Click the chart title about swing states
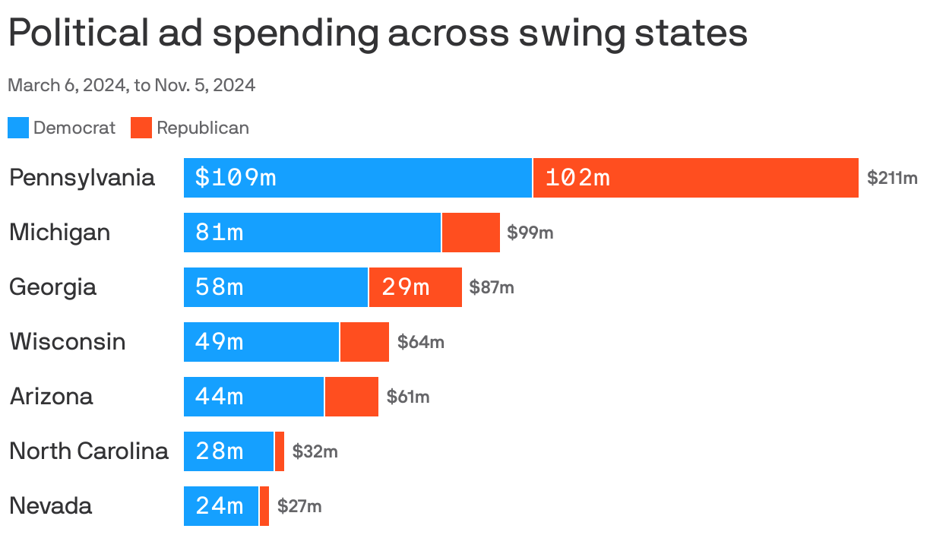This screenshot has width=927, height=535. coord(378,34)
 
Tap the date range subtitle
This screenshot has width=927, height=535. coord(131,85)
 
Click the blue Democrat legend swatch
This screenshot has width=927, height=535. coord(18,128)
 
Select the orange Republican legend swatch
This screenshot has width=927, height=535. coord(141,128)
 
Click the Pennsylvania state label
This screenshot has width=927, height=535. coord(82,178)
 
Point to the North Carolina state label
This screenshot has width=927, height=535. coord(88,451)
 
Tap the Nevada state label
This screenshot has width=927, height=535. coord(51,506)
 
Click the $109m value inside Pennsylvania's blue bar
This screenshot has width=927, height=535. coord(236,178)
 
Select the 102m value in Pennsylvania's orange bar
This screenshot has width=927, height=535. coord(577,178)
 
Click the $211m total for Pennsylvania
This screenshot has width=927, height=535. coord(892,179)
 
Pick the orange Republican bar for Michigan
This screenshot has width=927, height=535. coord(470,233)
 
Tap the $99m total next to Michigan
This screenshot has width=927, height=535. coord(530,233)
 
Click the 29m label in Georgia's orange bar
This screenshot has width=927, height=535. coord(406,287)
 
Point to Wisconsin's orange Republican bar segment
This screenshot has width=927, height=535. coord(364,342)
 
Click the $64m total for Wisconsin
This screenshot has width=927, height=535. coord(421,343)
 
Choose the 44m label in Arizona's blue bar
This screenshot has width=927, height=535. coord(220,397)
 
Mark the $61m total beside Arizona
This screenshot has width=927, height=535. coord(408,397)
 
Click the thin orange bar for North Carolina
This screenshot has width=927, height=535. coord(280,451)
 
